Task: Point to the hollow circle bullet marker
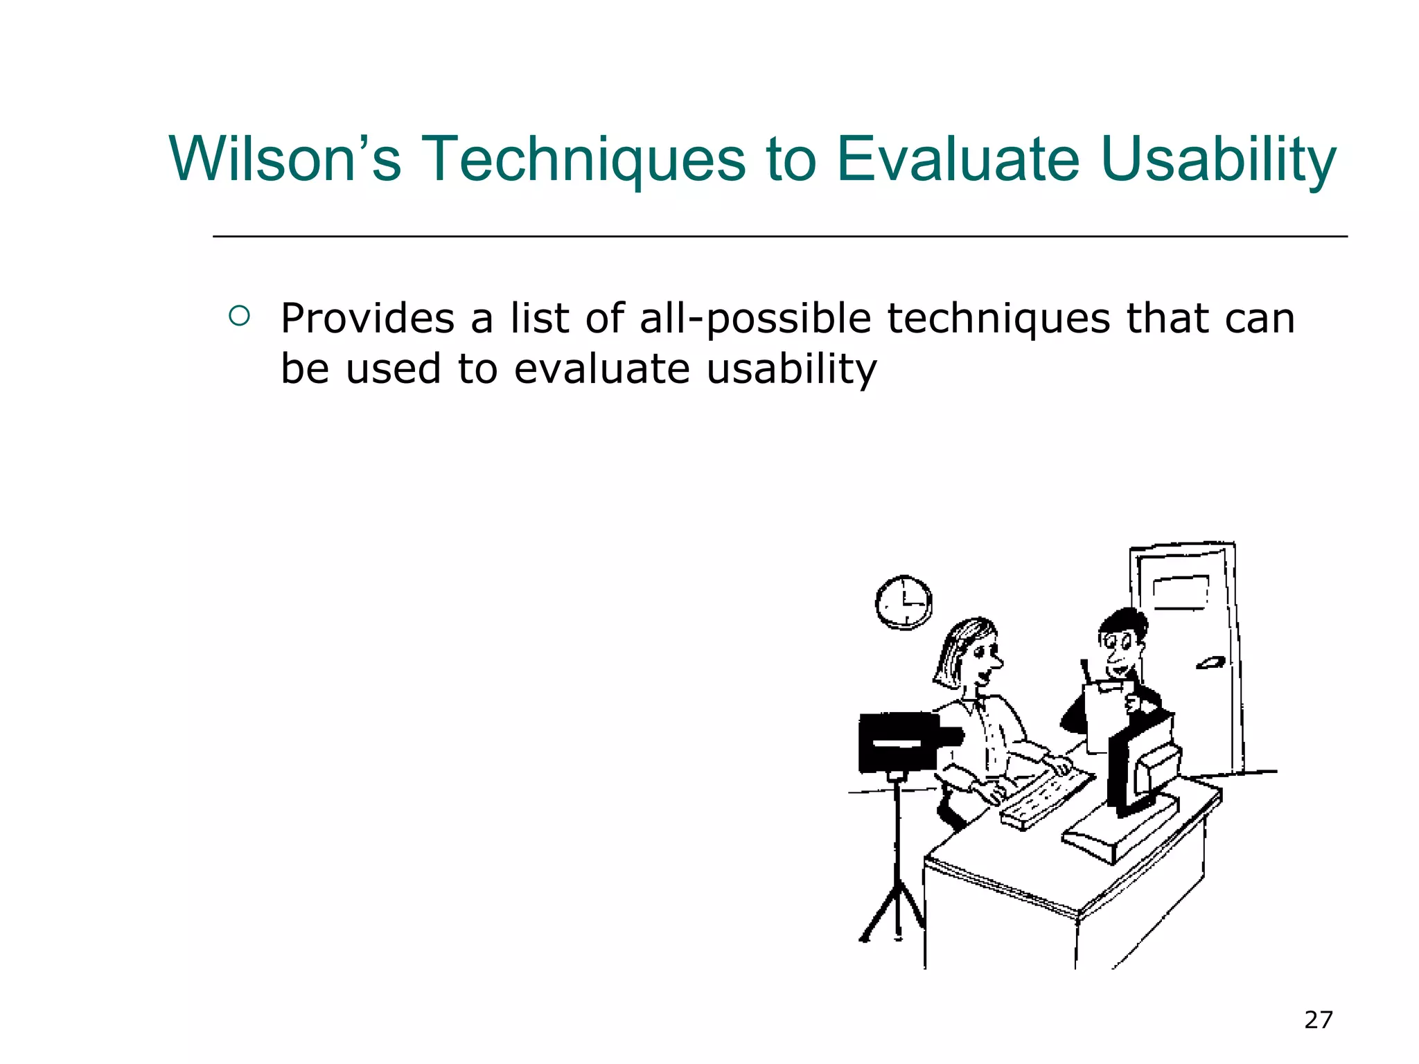coord(238,317)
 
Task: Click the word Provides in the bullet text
coord(367,319)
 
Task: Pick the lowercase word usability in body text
coord(791,369)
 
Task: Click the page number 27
coord(1318,1020)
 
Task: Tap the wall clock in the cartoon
coord(904,602)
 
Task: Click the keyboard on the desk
coord(1046,800)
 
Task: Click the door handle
coord(1210,664)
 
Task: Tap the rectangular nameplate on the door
coord(1181,592)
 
